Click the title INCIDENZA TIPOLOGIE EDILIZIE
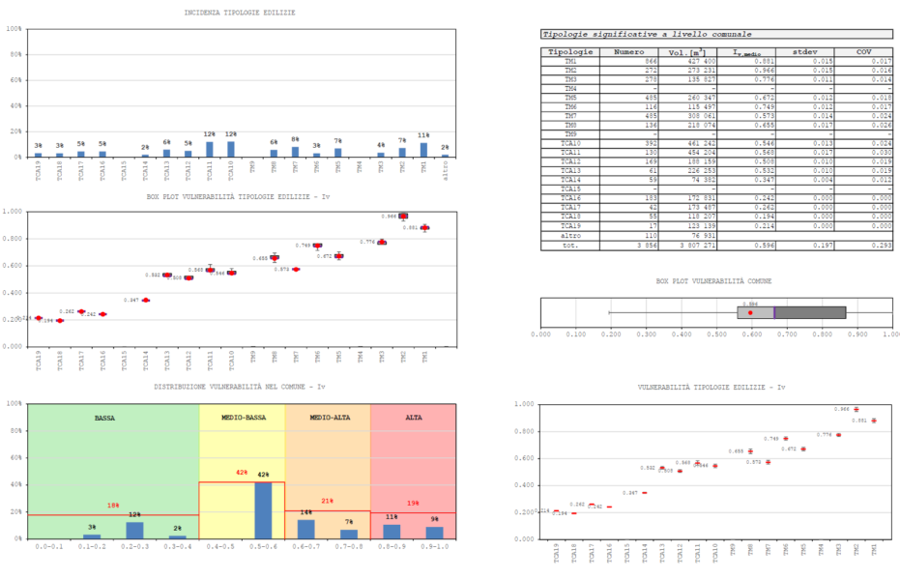coord(240,12)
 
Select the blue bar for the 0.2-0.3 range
coord(134,530)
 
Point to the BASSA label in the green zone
coord(105,417)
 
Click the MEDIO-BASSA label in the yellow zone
coord(241,417)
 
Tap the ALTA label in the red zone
coord(413,417)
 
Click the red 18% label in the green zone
coord(113,506)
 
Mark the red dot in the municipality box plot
coord(750,312)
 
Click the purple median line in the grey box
coord(774,312)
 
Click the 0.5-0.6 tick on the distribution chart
coord(263,547)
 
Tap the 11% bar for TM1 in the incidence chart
coord(423,150)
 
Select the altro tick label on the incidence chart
coord(445,170)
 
